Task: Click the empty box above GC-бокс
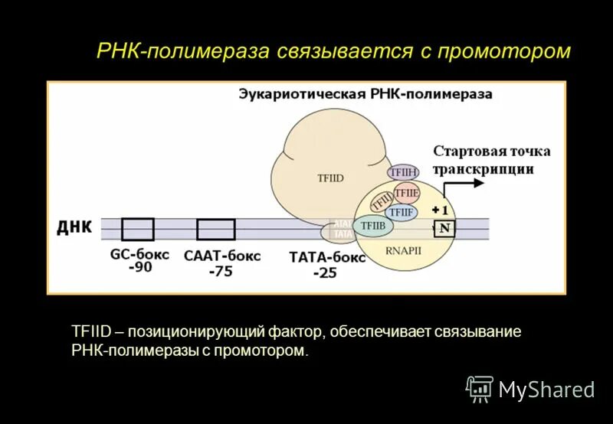click(138, 229)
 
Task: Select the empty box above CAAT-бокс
click(215, 229)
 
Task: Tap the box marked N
click(444, 227)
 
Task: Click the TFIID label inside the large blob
click(330, 178)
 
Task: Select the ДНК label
click(74, 227)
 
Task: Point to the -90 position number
click(139, 268)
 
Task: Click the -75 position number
click(221, 271)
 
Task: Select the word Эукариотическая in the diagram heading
click(299, 94)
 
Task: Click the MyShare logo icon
click(480, 389)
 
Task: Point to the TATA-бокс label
click(328, 258)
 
